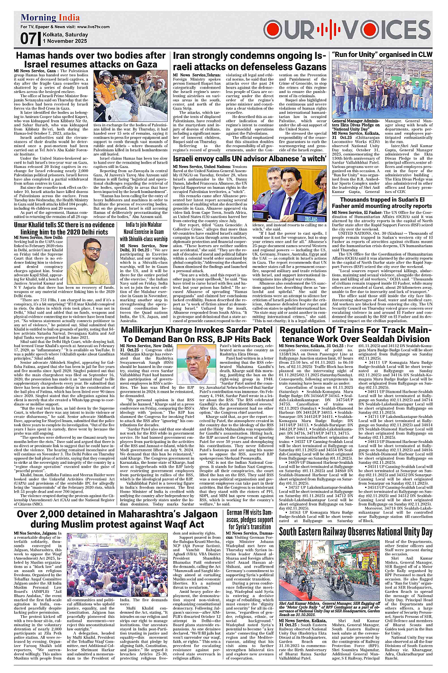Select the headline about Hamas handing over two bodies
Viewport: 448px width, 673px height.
click(91, 59)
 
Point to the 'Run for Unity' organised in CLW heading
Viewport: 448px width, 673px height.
click(382, 55)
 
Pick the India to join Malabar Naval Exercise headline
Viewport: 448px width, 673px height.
click(144, 231)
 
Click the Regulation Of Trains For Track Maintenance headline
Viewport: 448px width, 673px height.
click(355, 334)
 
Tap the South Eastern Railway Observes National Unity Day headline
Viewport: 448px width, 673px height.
click(356, 531)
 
